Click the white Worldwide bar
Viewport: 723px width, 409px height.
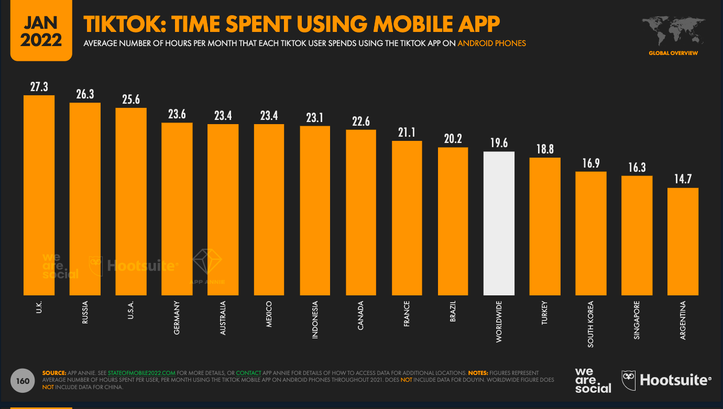(x=499, y=223)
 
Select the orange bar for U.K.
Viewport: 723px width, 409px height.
(x=39, y=195)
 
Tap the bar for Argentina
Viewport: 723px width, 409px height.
(x=683, y=241)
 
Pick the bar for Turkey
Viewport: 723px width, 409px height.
(x=545, y=226)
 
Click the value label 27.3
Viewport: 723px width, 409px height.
(x=39, y=87)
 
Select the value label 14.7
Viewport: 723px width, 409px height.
(x=683, y=180)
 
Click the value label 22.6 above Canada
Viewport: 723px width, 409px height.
(x=361, y=121)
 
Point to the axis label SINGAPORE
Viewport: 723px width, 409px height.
(x=637, y=320)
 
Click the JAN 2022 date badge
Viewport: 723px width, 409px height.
(x=41, y=30)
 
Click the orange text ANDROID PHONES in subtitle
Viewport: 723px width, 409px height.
(x=491, y=43)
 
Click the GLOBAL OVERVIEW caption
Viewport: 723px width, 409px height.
(x=673, y=53)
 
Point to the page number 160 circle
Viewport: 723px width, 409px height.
(x=23, y=381)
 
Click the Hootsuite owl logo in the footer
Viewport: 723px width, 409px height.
(x=629, y=379)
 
